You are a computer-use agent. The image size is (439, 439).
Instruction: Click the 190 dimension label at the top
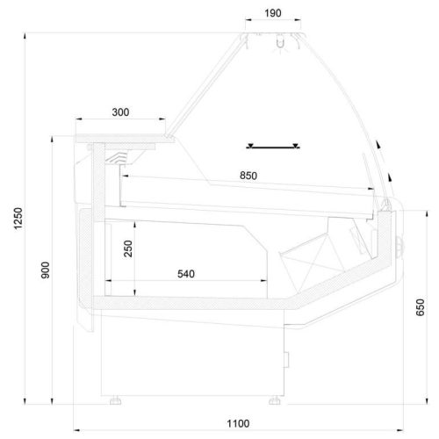coord(273,13)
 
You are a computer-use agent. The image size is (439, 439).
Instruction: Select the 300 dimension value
coord(120,112)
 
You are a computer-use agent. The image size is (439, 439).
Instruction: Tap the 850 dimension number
coord(248,176)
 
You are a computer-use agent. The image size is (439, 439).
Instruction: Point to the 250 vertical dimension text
coord(128,248)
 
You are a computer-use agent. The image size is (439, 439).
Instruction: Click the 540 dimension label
coord(186,274)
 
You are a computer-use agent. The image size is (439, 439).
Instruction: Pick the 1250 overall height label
coord(18,219)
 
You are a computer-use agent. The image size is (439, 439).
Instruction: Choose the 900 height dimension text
coord(46,270)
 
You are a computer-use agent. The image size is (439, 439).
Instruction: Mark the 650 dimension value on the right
coord(421,307)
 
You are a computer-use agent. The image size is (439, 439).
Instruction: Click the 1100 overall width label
coord(238,423)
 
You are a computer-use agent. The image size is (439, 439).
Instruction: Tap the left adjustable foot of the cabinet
coord(116,400)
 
